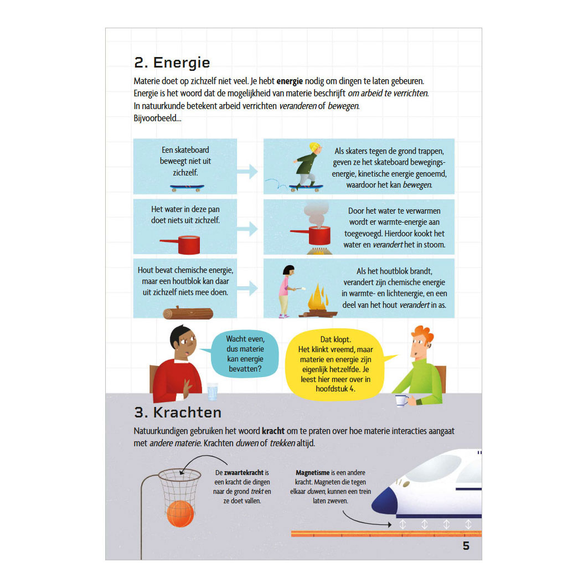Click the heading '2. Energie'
point(172,63)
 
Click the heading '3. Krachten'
point(178,412)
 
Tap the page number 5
point(466,545)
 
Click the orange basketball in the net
point(180,514)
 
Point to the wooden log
point(188,313)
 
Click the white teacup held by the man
point(401,400)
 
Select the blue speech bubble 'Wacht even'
point(245,354)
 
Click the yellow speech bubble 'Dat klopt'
point(336,364)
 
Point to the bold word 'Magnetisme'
point(312,472)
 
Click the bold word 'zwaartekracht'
point(244,472)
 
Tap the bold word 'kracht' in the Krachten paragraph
point(273,431)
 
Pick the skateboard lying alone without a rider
point(187,188)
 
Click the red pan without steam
point(180,245)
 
